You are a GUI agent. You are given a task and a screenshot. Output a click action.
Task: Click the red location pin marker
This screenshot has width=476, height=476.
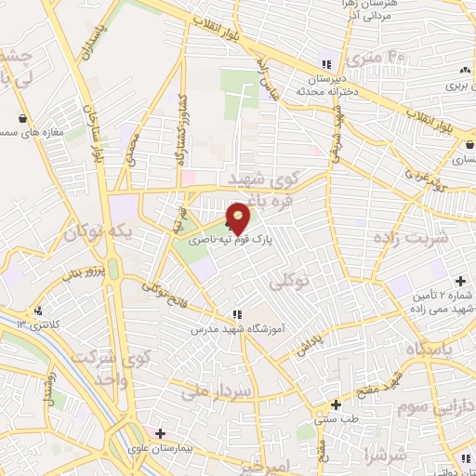239,218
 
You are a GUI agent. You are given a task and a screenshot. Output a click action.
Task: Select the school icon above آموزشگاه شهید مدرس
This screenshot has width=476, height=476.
238,314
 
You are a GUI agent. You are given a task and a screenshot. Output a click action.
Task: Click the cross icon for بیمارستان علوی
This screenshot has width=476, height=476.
160,433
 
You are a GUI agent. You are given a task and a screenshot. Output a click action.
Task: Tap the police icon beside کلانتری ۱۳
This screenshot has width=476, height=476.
38,311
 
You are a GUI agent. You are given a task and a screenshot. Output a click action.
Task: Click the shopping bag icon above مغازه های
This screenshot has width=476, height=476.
22,118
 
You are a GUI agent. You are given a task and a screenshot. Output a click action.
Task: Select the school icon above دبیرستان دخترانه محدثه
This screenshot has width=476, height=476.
324,64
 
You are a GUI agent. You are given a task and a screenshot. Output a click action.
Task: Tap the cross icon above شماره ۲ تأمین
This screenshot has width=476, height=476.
459,281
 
